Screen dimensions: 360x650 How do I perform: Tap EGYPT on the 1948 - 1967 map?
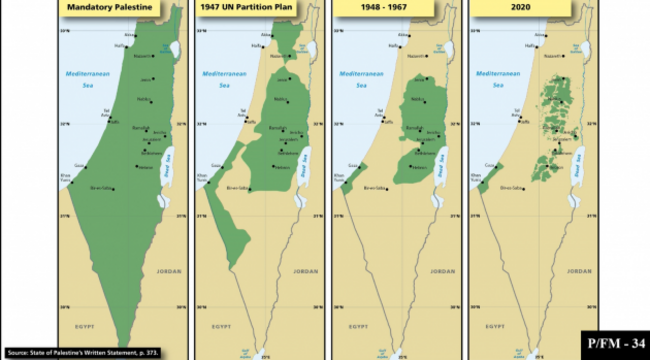point(355,326)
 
